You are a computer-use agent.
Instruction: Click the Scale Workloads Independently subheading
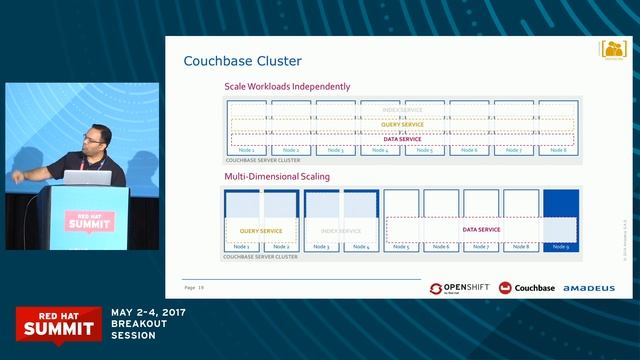(x=287, y=87)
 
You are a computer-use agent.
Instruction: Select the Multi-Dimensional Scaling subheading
(x=277, y=177)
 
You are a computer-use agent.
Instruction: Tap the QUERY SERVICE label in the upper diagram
(x=402, y=125)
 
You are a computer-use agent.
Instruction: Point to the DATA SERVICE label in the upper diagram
(x=402, y=140)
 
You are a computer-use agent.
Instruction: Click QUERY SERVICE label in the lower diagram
(x=260, y=230)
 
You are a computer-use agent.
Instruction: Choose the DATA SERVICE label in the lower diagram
(x=481, y=229)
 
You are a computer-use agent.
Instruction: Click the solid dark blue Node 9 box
(x=561, y=220)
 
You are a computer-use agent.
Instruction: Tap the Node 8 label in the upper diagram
(x=558, y=151)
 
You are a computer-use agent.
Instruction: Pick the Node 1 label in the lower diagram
(x=243, y=246)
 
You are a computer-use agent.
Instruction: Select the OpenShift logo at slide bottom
(x=459, y=288)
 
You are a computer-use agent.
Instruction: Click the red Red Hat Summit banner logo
(x=56, y=322)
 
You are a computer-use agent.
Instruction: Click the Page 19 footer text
(x=194, y=288)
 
